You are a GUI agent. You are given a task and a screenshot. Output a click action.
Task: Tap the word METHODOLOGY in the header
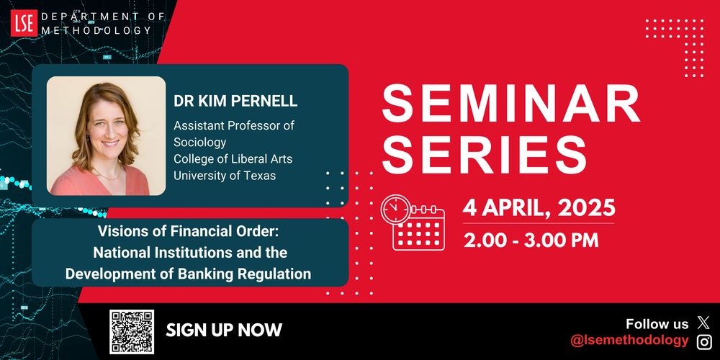tap(96, 31)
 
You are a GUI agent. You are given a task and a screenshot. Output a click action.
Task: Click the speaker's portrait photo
tap(106, 136)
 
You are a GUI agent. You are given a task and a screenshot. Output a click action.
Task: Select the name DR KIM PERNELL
tap(235, 102)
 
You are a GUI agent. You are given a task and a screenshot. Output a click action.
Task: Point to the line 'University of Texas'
tap(225, 176)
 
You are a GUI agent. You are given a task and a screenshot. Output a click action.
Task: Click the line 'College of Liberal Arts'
tap(233, 158)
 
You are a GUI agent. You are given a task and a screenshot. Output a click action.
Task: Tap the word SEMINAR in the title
tap(511, 106)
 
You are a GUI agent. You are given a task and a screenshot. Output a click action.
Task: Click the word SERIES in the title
tap(483, 153)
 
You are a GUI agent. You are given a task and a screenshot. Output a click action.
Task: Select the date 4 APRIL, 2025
tap(539, 209)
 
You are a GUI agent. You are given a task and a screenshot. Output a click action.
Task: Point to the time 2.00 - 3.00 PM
tap(531, 240)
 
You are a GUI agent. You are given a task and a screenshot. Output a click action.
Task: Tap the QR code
tap(132, 331)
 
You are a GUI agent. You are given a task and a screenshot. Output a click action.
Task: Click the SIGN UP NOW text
tap(224, 330)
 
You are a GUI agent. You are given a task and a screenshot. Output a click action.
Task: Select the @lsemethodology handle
tap(629, 341)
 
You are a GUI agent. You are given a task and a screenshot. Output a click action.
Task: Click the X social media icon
tap(703, 323)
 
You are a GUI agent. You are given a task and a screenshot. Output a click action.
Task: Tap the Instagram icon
tap(703, 341)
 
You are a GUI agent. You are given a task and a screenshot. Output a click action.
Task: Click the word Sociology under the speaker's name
tap(199, 142)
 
